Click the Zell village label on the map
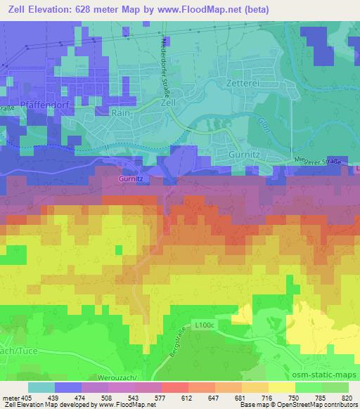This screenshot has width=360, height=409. coord(167,103)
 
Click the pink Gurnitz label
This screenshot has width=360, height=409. coord(130,179)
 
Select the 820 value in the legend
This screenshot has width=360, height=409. coord(348,398)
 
